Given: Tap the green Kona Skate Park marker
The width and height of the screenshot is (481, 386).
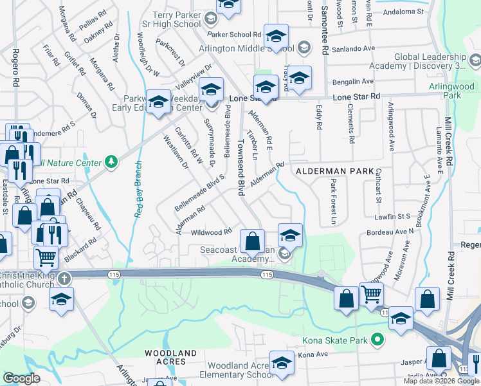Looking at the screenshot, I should tap(377, 339).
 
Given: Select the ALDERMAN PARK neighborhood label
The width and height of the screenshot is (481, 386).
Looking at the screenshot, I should tap(334, 171).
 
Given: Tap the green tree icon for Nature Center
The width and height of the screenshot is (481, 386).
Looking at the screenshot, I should tap(111, 161).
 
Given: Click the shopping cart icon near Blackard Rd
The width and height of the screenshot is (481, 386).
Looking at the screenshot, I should tap(46, 257).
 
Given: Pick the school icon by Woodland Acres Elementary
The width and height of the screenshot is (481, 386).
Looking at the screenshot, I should tap(281, 363).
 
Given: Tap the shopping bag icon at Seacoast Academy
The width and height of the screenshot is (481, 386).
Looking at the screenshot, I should tap(253, 243).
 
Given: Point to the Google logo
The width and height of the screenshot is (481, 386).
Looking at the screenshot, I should tap(22, 378).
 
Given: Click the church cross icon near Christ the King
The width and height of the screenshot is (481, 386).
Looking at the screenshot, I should tap(64, 279).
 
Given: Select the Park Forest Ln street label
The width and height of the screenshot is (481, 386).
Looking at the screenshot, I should tap(334, 201).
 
